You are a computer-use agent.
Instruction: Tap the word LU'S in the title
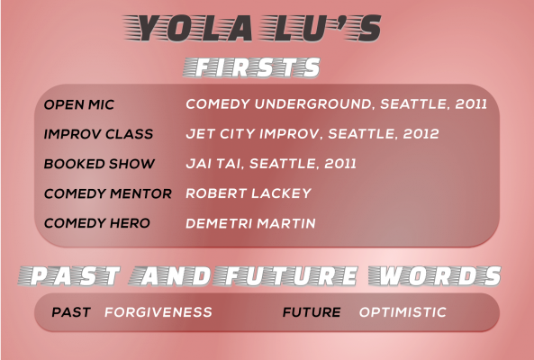coord(320,28)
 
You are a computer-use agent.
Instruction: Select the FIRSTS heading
coord(252,67)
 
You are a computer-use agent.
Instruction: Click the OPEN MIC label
coord(79,104)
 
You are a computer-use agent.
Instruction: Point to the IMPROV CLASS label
coord(98,134)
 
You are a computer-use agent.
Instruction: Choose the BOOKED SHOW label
coord(99,164)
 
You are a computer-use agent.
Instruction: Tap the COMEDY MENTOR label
coord(108,193)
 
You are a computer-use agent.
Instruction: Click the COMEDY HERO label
coord(97,223)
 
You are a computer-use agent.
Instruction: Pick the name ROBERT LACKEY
coord(249,193)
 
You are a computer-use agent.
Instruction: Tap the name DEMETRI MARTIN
coord(250,223)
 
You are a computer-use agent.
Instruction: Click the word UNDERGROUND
coord(313,104)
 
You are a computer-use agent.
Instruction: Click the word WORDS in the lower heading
coord(435,275)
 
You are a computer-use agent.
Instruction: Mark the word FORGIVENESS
coord(158,312)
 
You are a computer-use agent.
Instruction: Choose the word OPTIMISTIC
coord(403,312)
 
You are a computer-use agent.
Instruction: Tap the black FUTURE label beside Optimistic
coord(312,312)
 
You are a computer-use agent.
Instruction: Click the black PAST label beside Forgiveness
coord(71,312)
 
